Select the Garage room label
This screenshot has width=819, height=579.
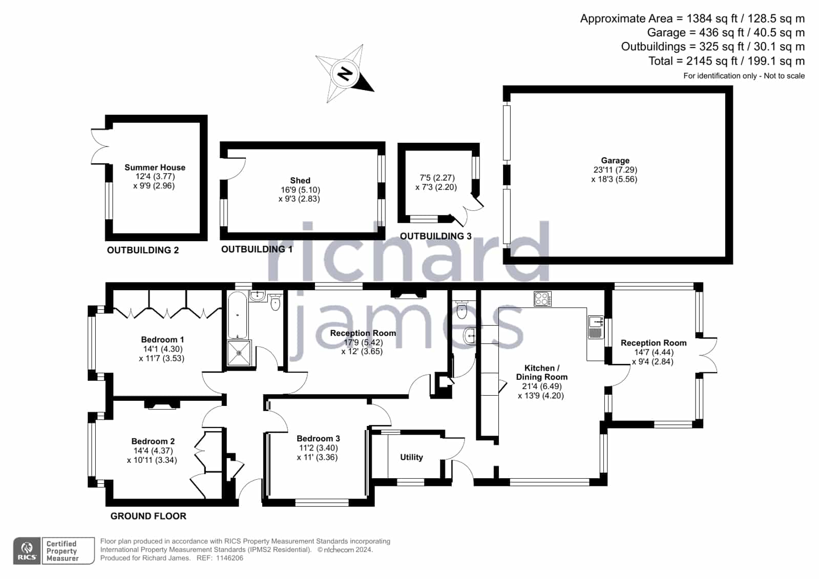point(615,160)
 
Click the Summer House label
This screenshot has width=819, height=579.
point(155,167)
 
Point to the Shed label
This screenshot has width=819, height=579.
point(300,181)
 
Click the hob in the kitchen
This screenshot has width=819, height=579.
point(542,298)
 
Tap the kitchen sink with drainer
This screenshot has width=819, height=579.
point(596,327)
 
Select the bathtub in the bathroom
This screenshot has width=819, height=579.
point(238,315)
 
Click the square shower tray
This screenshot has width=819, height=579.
point(239,353)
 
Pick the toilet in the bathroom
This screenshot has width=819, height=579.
point(275,302)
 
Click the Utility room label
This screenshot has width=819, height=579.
point(411,457)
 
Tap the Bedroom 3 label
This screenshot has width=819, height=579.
point(318,439)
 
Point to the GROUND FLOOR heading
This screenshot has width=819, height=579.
point(148,516)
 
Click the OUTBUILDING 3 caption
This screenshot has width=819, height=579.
point(435,236)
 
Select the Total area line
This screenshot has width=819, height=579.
point(726,61)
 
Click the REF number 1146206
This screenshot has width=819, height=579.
point(229,558)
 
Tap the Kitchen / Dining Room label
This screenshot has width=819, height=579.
point(541,373)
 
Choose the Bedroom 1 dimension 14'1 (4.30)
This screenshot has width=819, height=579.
point(162,349)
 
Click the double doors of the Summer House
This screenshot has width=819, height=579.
point(100,146)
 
